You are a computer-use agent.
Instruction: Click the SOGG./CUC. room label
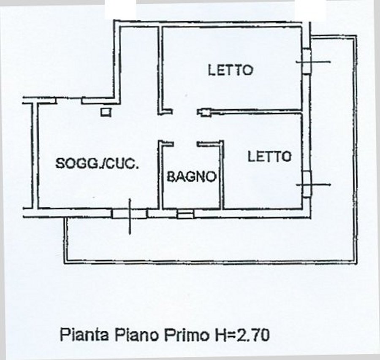pyautogui.click(x=97, y=163)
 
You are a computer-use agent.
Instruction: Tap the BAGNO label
pyautogui.click(x=192, y=176)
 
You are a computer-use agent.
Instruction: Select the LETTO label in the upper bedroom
pyautogui.click(x=231, y=70)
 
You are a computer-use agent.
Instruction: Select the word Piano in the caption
pyautogui.click(x=137, y=335)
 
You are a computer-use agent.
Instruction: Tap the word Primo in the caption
pyautogui.click(x=187, y=335)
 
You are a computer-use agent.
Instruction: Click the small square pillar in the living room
pyautogui.click(x=106, y=112)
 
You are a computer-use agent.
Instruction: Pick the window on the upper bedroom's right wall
pyautogui.click(x=307, y=61)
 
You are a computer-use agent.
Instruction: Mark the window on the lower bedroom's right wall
pyautogui.click(x=307, y=184)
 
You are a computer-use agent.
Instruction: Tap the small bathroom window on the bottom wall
pyautogui.click(x=185, y=214)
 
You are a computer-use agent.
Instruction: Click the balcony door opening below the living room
pyautogui.click(x=130, y=214)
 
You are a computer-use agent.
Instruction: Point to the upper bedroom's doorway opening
pyautogui.click(x=185, y=112)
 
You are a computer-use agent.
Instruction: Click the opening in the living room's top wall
pyautogui.click(x=69, y=100)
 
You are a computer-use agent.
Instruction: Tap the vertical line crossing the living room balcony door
pyautogui.click(x=130, y=217)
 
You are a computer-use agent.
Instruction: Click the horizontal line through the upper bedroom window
pyautogui.click(x=313, y=62)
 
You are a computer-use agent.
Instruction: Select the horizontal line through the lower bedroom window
pyautogui.click(x=313, y=185)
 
